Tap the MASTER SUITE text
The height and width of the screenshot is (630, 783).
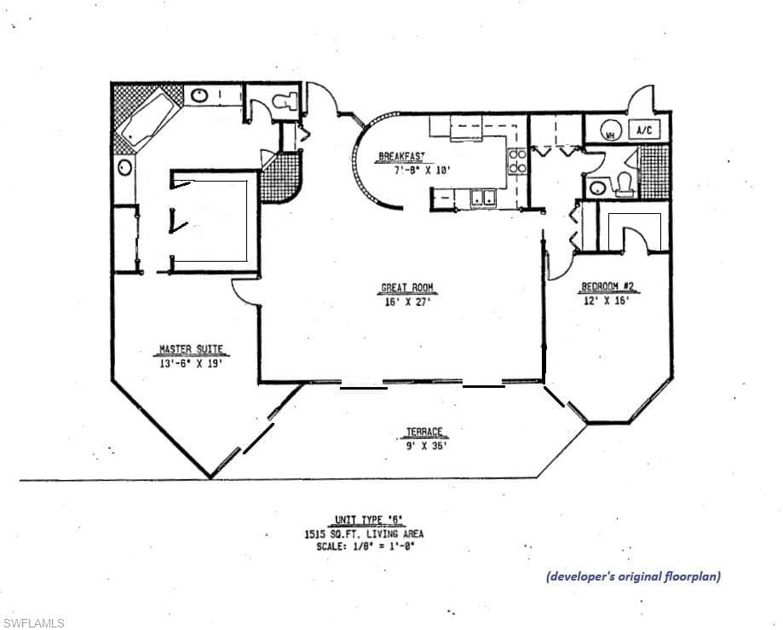pyautogui.click(x=192, y=349)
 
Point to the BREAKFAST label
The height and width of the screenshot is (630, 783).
pyautogui.click(x=401, y=157)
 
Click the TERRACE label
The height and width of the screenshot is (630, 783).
pyautogui.click(x=423, y=432)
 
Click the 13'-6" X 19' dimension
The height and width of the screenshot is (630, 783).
pyautogui.click(x=192, y=362)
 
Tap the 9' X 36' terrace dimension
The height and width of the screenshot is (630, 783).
pyautogui.click(x=426, y=445)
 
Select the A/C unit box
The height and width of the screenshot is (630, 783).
pyautogui.click(x=645, y=130)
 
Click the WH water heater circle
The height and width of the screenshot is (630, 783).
pyautogui.click(x=610, y=133)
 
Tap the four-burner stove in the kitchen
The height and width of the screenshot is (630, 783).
pyautogui.click(x=517, y=161)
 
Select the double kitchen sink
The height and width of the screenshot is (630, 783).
pyautogui.click(x=485, y=199)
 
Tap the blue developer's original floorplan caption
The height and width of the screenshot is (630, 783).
pyautogui.click(x=633, y=576)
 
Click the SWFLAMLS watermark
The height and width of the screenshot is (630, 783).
pyautogui.click(x=33, y=623)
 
